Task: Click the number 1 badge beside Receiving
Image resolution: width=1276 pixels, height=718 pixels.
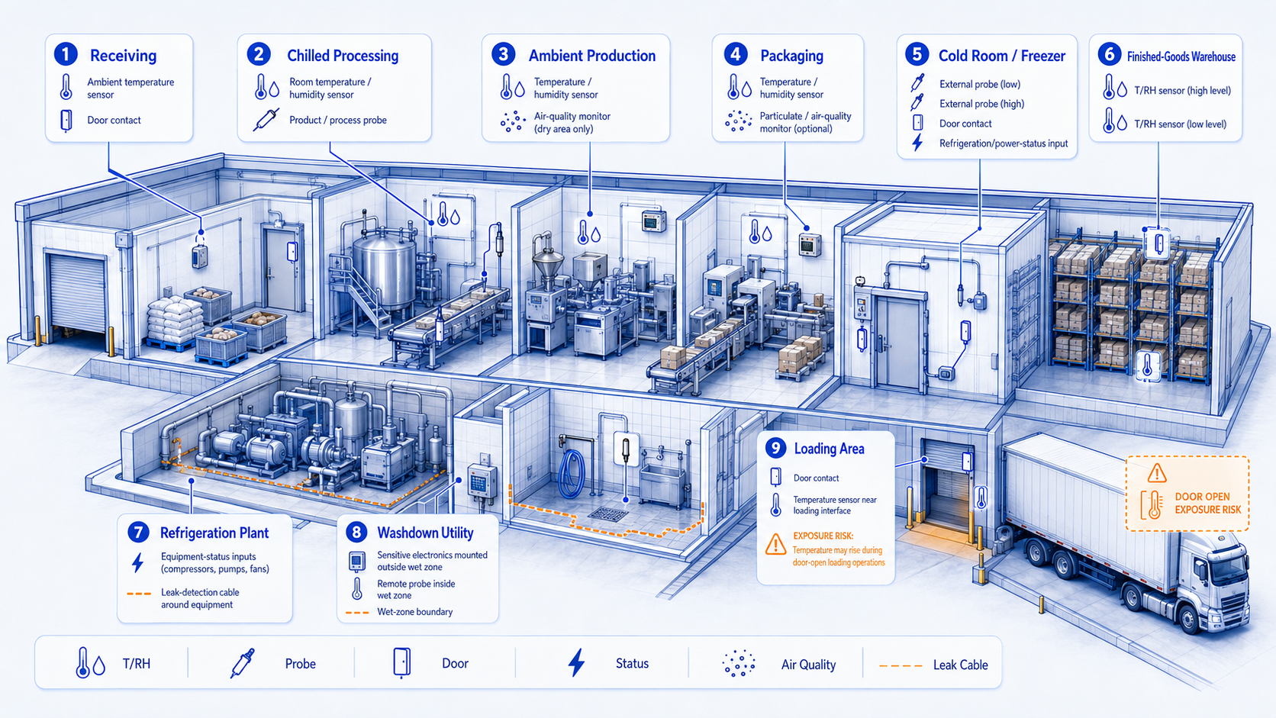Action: [66, 55]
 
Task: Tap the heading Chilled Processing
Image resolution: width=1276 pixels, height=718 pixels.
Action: [343, 56]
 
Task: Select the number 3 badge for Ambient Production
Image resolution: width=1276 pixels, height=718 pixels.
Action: [504, 55]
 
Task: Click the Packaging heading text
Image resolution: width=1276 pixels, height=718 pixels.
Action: [792, 56]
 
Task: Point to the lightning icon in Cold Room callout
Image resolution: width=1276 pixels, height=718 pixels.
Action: [917, 143]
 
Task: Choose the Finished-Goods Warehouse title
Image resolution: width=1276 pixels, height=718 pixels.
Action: [1181, 56]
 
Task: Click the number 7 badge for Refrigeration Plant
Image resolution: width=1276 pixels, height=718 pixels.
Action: [138, 533]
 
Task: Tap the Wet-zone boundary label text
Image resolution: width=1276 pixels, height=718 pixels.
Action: [414, 611]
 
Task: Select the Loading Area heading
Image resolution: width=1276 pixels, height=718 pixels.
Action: [829, 449]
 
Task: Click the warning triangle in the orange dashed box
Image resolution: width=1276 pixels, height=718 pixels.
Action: [1156, 472]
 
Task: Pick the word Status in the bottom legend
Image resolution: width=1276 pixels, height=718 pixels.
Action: [632, 663]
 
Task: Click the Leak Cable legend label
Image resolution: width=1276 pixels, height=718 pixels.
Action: [960, 665]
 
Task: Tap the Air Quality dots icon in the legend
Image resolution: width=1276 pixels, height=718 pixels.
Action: [738, 663]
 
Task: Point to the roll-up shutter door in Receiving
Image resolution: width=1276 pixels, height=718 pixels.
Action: [77, 293]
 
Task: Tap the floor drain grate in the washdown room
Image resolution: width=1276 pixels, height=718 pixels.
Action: [607, 514]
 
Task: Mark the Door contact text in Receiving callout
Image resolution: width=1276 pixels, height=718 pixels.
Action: [114, 120]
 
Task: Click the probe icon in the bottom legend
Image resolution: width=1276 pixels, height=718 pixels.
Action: [242, 663]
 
